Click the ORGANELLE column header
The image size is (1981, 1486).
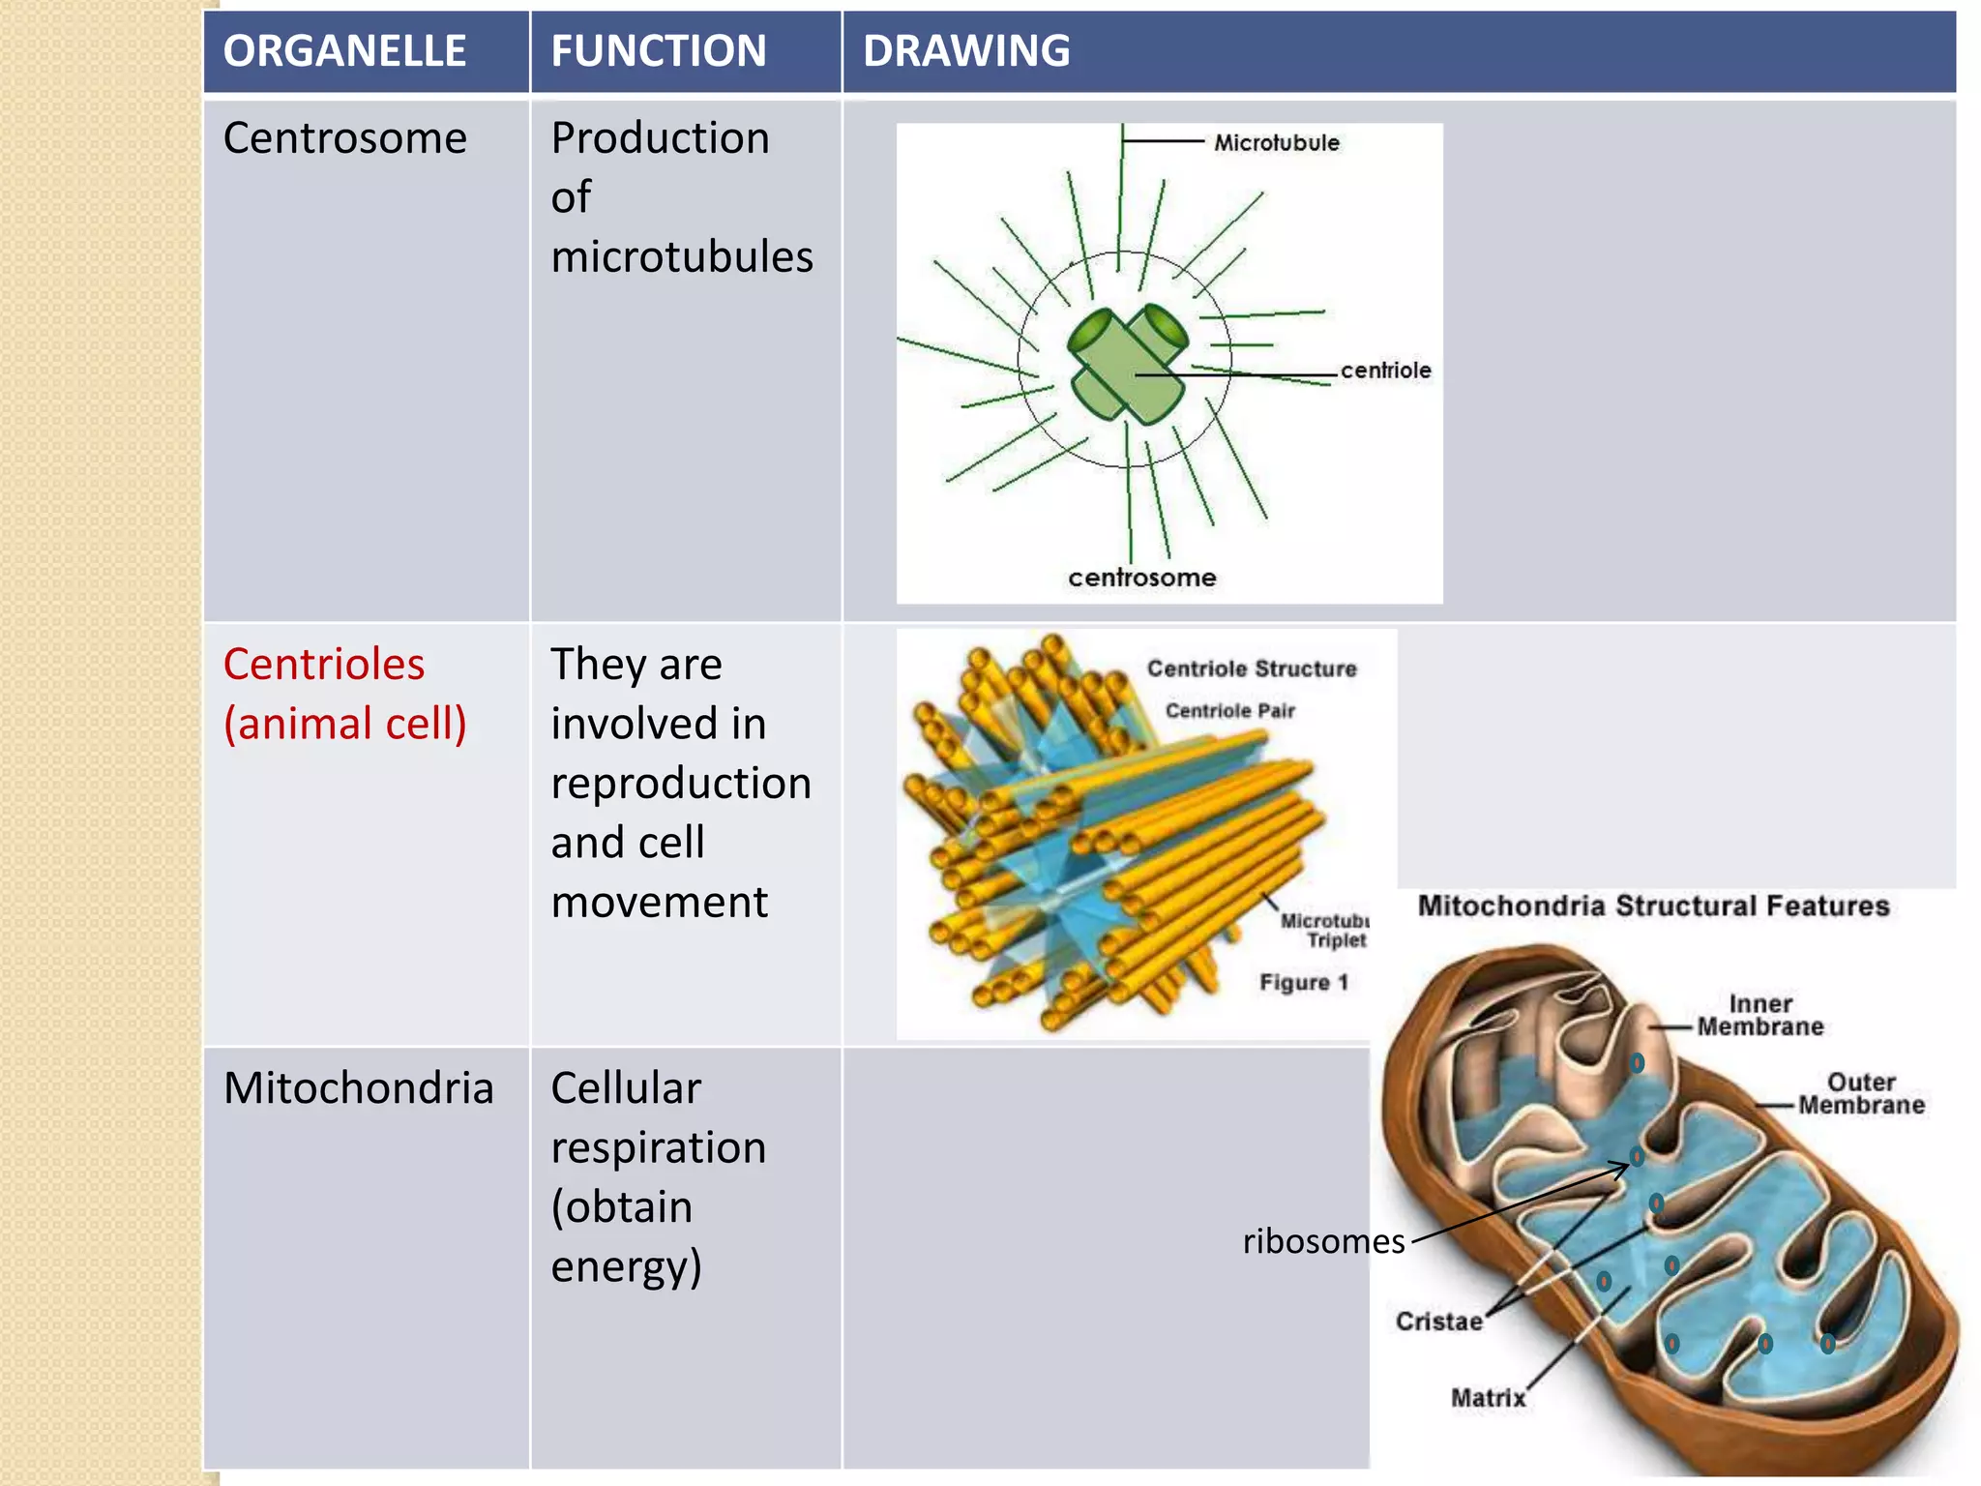point(344,50)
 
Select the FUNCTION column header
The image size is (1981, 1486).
point(658,50)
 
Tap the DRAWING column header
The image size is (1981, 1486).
point(965,50)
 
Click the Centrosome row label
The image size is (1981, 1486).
point(344,138)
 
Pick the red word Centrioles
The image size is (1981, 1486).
point(323,665)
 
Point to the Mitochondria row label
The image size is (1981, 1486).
point(358,1088)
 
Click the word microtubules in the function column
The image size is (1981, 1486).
point(681,257)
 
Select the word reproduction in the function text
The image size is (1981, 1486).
point(681,784)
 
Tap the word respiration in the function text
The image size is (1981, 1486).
point(658,1148)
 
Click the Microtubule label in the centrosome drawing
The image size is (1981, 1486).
point(1276,143)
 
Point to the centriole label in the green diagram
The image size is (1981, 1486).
point(1384,371)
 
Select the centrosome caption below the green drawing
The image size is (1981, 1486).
point(1141,578)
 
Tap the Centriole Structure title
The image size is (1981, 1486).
point(1251,669)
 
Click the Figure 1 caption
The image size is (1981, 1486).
point(1303,983)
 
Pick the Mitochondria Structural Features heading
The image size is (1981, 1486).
point(1652,906)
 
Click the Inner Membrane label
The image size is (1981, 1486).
point(1759,1016)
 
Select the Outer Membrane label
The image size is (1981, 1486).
point(1860,1094)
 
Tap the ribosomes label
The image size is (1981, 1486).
point(1322,1241)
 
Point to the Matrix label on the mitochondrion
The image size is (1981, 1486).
point(1487,1398)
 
